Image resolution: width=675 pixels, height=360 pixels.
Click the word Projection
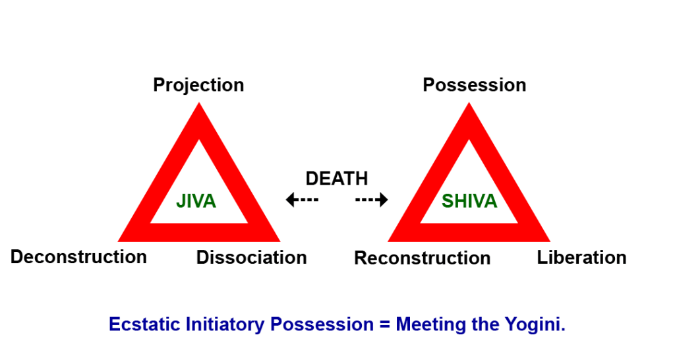198,85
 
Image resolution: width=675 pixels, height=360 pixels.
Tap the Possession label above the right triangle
474,85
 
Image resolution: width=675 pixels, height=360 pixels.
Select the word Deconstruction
78,256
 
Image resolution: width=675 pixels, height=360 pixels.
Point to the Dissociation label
251,258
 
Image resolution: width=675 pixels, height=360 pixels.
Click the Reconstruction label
422,258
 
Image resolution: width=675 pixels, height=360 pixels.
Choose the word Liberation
581,257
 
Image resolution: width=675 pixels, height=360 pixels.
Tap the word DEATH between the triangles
337,179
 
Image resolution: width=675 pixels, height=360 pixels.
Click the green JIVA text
196,202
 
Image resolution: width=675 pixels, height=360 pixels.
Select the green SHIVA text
469,202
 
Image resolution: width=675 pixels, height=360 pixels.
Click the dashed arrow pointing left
302,200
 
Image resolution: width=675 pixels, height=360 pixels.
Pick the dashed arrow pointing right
372,200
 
